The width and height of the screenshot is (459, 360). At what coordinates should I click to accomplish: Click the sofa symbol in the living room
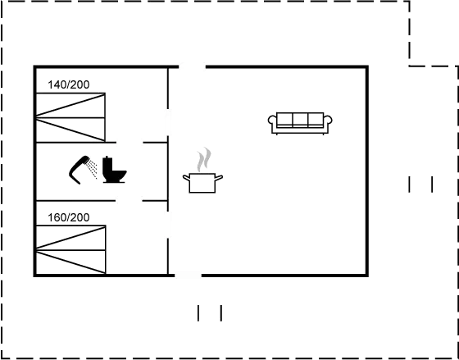(x=300, y=121)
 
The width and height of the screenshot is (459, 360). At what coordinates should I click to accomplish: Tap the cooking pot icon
(x=202, y=182)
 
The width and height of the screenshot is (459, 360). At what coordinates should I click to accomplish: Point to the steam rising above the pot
(x=204, y=157)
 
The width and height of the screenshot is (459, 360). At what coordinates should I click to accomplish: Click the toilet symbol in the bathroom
(x=112, y=169)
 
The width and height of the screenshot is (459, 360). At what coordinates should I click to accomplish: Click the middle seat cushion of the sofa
(x=300, y=120)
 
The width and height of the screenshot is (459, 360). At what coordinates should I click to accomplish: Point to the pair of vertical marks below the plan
(x=210, y=312)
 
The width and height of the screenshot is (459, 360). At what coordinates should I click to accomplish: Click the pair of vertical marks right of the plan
(x=420, y=185)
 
